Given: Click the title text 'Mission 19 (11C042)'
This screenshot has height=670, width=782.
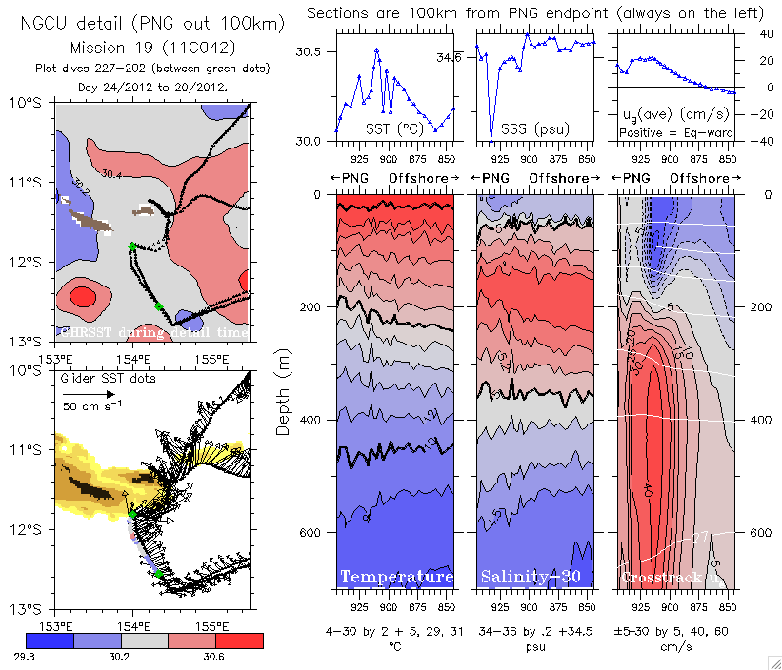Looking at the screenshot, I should [152, 47].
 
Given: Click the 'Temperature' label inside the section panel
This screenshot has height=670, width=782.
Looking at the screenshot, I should [396, 578].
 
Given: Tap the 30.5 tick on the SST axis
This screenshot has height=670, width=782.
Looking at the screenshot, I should [313, 54].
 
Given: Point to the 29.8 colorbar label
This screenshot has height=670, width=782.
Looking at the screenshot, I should [37, 654].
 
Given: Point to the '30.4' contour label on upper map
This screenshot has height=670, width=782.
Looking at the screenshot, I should [111, 174].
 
